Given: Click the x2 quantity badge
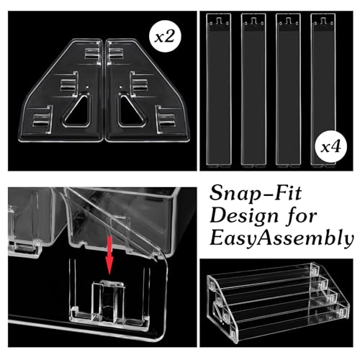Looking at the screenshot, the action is pyautogui.click(x=165, y=37).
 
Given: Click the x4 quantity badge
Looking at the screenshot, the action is pyautogui.click(x=331, y=147).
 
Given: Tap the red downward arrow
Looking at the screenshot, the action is pyautogui.click(x=109, y=255).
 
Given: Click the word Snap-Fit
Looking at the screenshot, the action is pyautogui.click(x=256, y=193).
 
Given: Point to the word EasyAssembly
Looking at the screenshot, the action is pyautogui.click(x=282, y=238).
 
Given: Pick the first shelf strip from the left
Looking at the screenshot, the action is pyautogui.click(x=219, y=89).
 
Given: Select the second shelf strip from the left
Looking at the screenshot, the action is pyautogui.click(x=253, y=89).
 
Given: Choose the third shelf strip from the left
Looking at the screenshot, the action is pyautogui.click(x=288, y=89).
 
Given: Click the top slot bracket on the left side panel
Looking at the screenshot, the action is pyautogui.click(x=92, y=53).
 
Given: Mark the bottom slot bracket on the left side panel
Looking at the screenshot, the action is pyautogui.click(x=42, y=120).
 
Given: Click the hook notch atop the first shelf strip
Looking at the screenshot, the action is pyautogui.click(x=219, y=21).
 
